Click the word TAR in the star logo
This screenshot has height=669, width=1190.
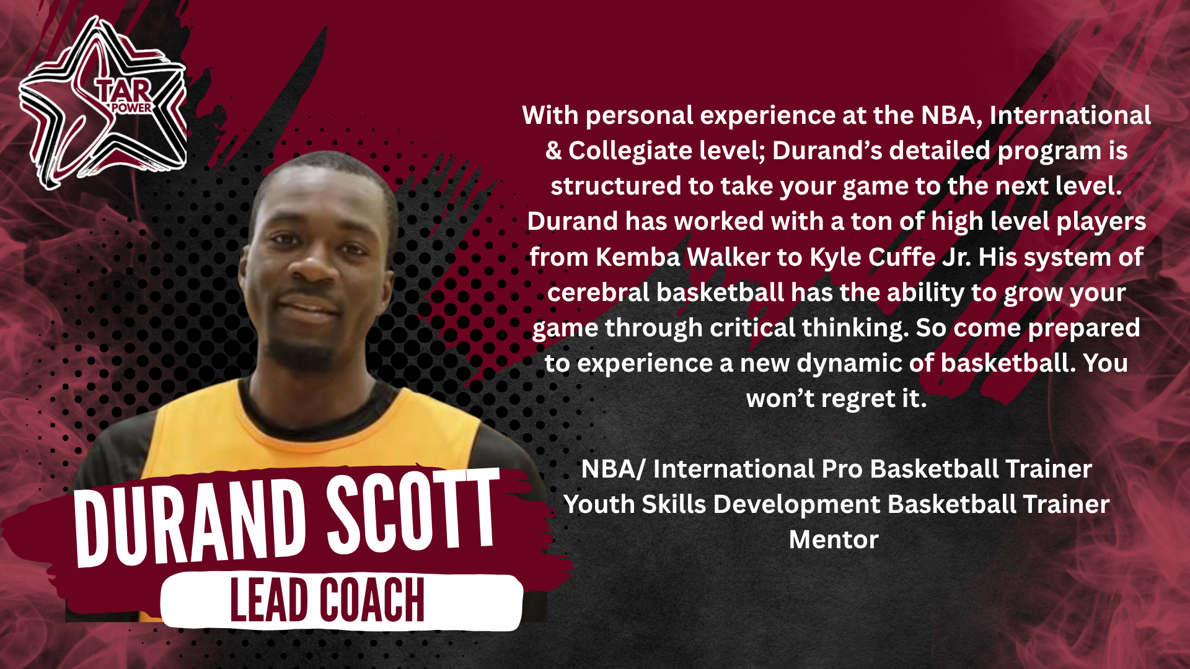coord(124,90)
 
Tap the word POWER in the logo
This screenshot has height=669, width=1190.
coord(131,108)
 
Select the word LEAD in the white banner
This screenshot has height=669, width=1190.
coord(268,600)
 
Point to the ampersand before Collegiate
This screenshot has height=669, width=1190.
coord(553,151)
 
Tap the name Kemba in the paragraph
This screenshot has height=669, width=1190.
coord(638,257)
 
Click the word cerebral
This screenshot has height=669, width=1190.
coord(598,292)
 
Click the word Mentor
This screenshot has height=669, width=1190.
coord(834,540)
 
